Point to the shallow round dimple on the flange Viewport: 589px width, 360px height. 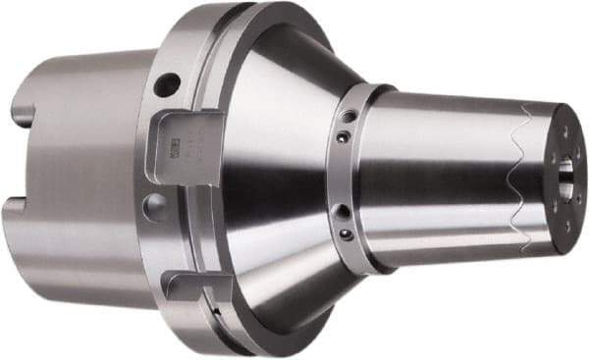154,204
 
